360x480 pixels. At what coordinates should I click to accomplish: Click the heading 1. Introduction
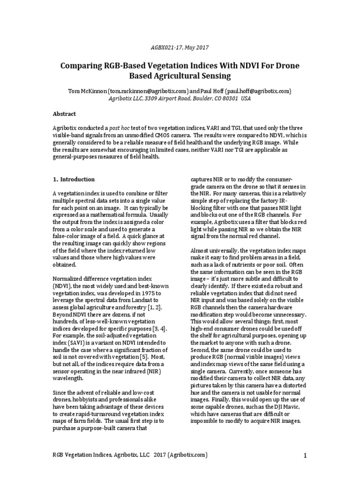point(74,179)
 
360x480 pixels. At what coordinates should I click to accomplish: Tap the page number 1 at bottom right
point(305,456)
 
